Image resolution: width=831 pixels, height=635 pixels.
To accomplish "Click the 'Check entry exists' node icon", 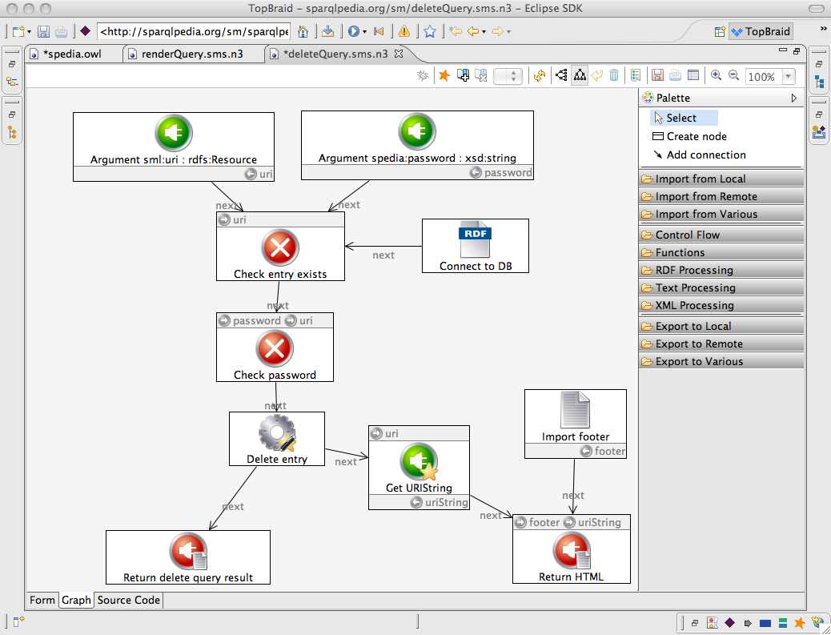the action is click(x=280, y=247).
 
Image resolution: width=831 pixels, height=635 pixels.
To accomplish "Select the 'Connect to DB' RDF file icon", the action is click(x=475, y=239).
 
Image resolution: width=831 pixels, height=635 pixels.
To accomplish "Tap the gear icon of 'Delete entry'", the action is click(x=277, y=433).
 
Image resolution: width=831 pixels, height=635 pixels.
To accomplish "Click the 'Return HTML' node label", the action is click(x=571, y=577).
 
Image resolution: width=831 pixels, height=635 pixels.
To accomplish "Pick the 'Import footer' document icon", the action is click(x=575, y=410).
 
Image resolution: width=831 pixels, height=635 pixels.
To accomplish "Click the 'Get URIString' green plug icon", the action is click(x=419, y=462).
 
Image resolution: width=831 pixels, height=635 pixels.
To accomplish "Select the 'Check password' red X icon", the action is click(x=275, y=348).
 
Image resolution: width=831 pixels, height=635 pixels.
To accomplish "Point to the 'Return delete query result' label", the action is click(x=187, y=577).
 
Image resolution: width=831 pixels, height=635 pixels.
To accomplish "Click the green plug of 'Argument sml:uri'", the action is click(x=173, y=132).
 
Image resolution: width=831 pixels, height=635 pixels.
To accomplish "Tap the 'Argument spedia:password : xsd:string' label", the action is click(x=417, y=158).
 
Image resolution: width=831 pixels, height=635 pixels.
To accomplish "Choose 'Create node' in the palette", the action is click(x=697, y=136).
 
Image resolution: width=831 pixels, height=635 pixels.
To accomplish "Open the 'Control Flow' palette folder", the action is click(x=688, y=235).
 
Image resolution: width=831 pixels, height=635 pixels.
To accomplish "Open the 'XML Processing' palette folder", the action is click(x=694, y=305).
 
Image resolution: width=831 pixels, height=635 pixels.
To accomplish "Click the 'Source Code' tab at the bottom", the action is click(x=129, y=600).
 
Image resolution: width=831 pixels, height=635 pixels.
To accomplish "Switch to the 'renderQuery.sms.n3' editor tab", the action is click(x=192, y=54).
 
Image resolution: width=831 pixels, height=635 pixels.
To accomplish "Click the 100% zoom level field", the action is click(x=761, y=77).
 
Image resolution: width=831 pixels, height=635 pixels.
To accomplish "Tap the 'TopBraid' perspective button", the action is click(x=761, y=31).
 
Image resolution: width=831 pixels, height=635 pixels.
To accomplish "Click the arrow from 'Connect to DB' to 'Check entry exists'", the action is click(x=383, y=246).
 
